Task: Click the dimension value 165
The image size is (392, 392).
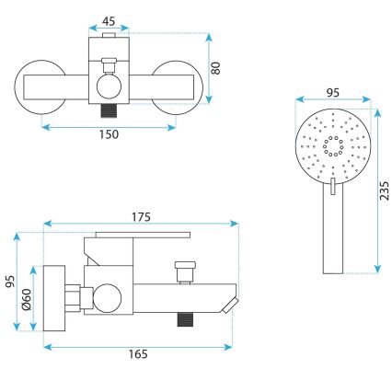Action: [137, 353]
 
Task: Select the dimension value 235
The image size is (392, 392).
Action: [386, 190]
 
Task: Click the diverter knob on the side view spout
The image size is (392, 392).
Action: [184, 274]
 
